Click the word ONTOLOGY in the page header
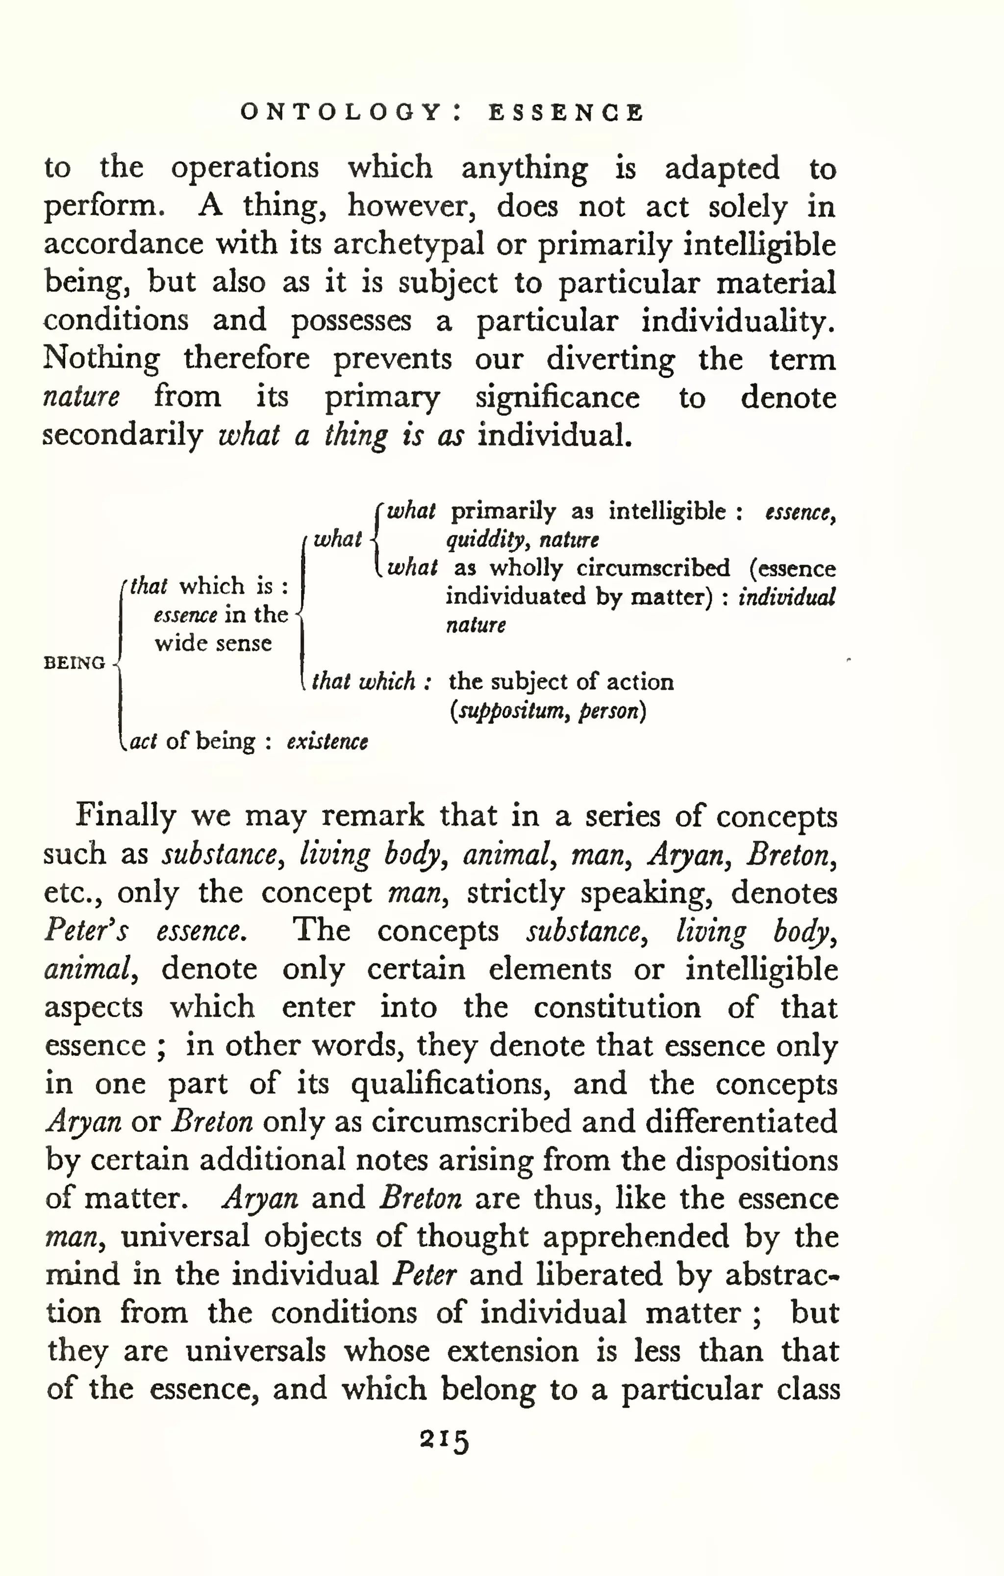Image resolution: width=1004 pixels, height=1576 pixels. click(341, 113)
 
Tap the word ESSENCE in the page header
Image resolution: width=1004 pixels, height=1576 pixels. click(566, 113)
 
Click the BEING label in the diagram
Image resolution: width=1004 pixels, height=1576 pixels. click(74, 663)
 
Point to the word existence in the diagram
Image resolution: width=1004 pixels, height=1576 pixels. click(327, 742)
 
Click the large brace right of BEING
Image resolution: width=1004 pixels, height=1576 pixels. click(119, 663)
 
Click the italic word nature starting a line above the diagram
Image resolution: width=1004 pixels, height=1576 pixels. click(81, 397)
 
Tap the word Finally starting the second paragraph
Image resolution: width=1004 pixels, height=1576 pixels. click(125, 816)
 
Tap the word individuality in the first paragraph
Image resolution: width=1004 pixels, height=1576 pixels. click(738, 321)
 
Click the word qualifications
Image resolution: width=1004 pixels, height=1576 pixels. click(451, 1084)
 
